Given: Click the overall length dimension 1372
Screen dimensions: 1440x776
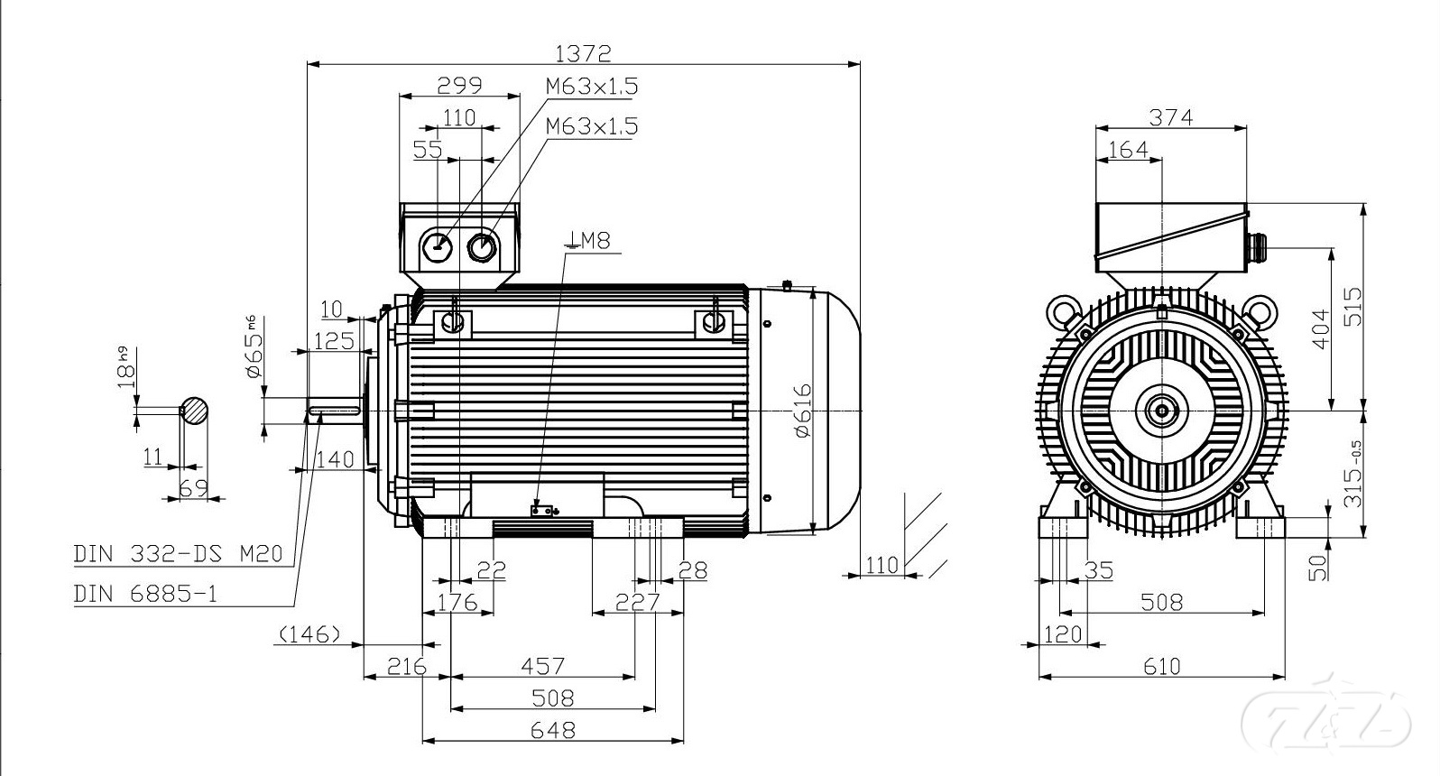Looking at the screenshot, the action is [x=583, y=52].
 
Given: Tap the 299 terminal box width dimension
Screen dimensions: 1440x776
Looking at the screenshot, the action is [x=459, y=85].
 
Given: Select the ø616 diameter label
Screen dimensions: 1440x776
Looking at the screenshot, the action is [x=803, y=411].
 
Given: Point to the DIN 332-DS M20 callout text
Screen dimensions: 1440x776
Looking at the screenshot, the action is [x=178, y=553].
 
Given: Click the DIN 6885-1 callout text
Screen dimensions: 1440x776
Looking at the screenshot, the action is [x=146, y=594].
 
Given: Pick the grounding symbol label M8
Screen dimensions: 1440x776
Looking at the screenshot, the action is [x=587, y=240].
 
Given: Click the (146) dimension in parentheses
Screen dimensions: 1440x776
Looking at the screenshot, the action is [x=309, y=634].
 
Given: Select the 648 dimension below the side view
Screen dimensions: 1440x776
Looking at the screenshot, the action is [x=553, y=730].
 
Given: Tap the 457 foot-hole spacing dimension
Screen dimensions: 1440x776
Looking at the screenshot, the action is [x=542, y=665].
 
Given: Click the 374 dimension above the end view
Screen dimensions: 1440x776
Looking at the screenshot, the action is [x=1171, y=117].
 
